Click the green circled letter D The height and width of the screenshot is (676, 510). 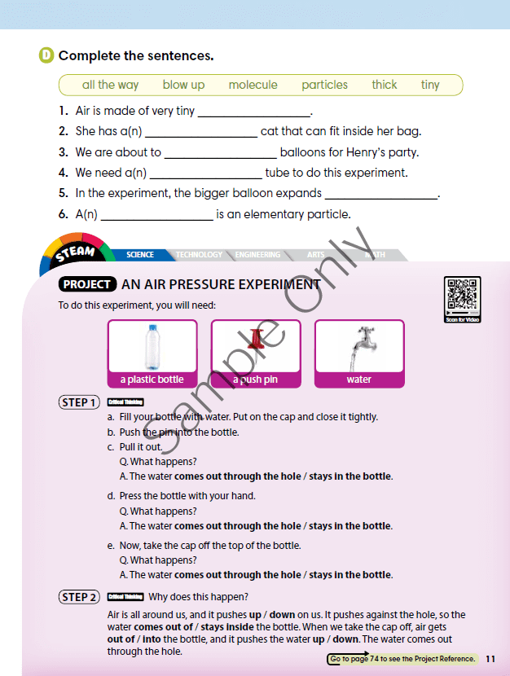click(x=46, y=56)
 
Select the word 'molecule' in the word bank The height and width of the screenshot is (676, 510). click(x=253, y=85)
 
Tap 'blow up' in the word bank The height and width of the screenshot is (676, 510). click(x=183, y=85)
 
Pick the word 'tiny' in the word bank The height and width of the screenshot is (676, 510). click(x=430, y=85)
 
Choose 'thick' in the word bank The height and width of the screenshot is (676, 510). click(x=385, y=85)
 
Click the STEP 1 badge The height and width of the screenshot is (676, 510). click(x=79, y=402)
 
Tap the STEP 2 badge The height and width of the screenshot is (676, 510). click(x=79, y=597)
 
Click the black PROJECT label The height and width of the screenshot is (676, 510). click(x=86, y=284)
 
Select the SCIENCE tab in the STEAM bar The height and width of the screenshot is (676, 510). click(x=140, y=255)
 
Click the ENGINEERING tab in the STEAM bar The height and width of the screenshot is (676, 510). click(x=257, y=255)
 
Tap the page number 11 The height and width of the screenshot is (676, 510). click(x=490, y=659)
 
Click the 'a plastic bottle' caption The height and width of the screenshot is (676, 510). click(x=152, y=380)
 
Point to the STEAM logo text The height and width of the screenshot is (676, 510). click(x=75, y=253)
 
